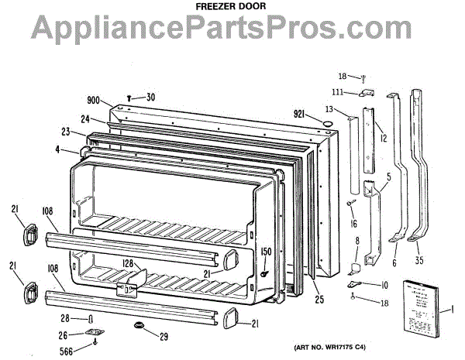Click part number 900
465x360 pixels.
click(94, 101)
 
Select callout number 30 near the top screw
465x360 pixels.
click(150, 97)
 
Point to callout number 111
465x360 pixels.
click(349, 92)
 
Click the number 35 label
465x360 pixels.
click(419, 249)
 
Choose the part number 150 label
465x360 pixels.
click(266, 252)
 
